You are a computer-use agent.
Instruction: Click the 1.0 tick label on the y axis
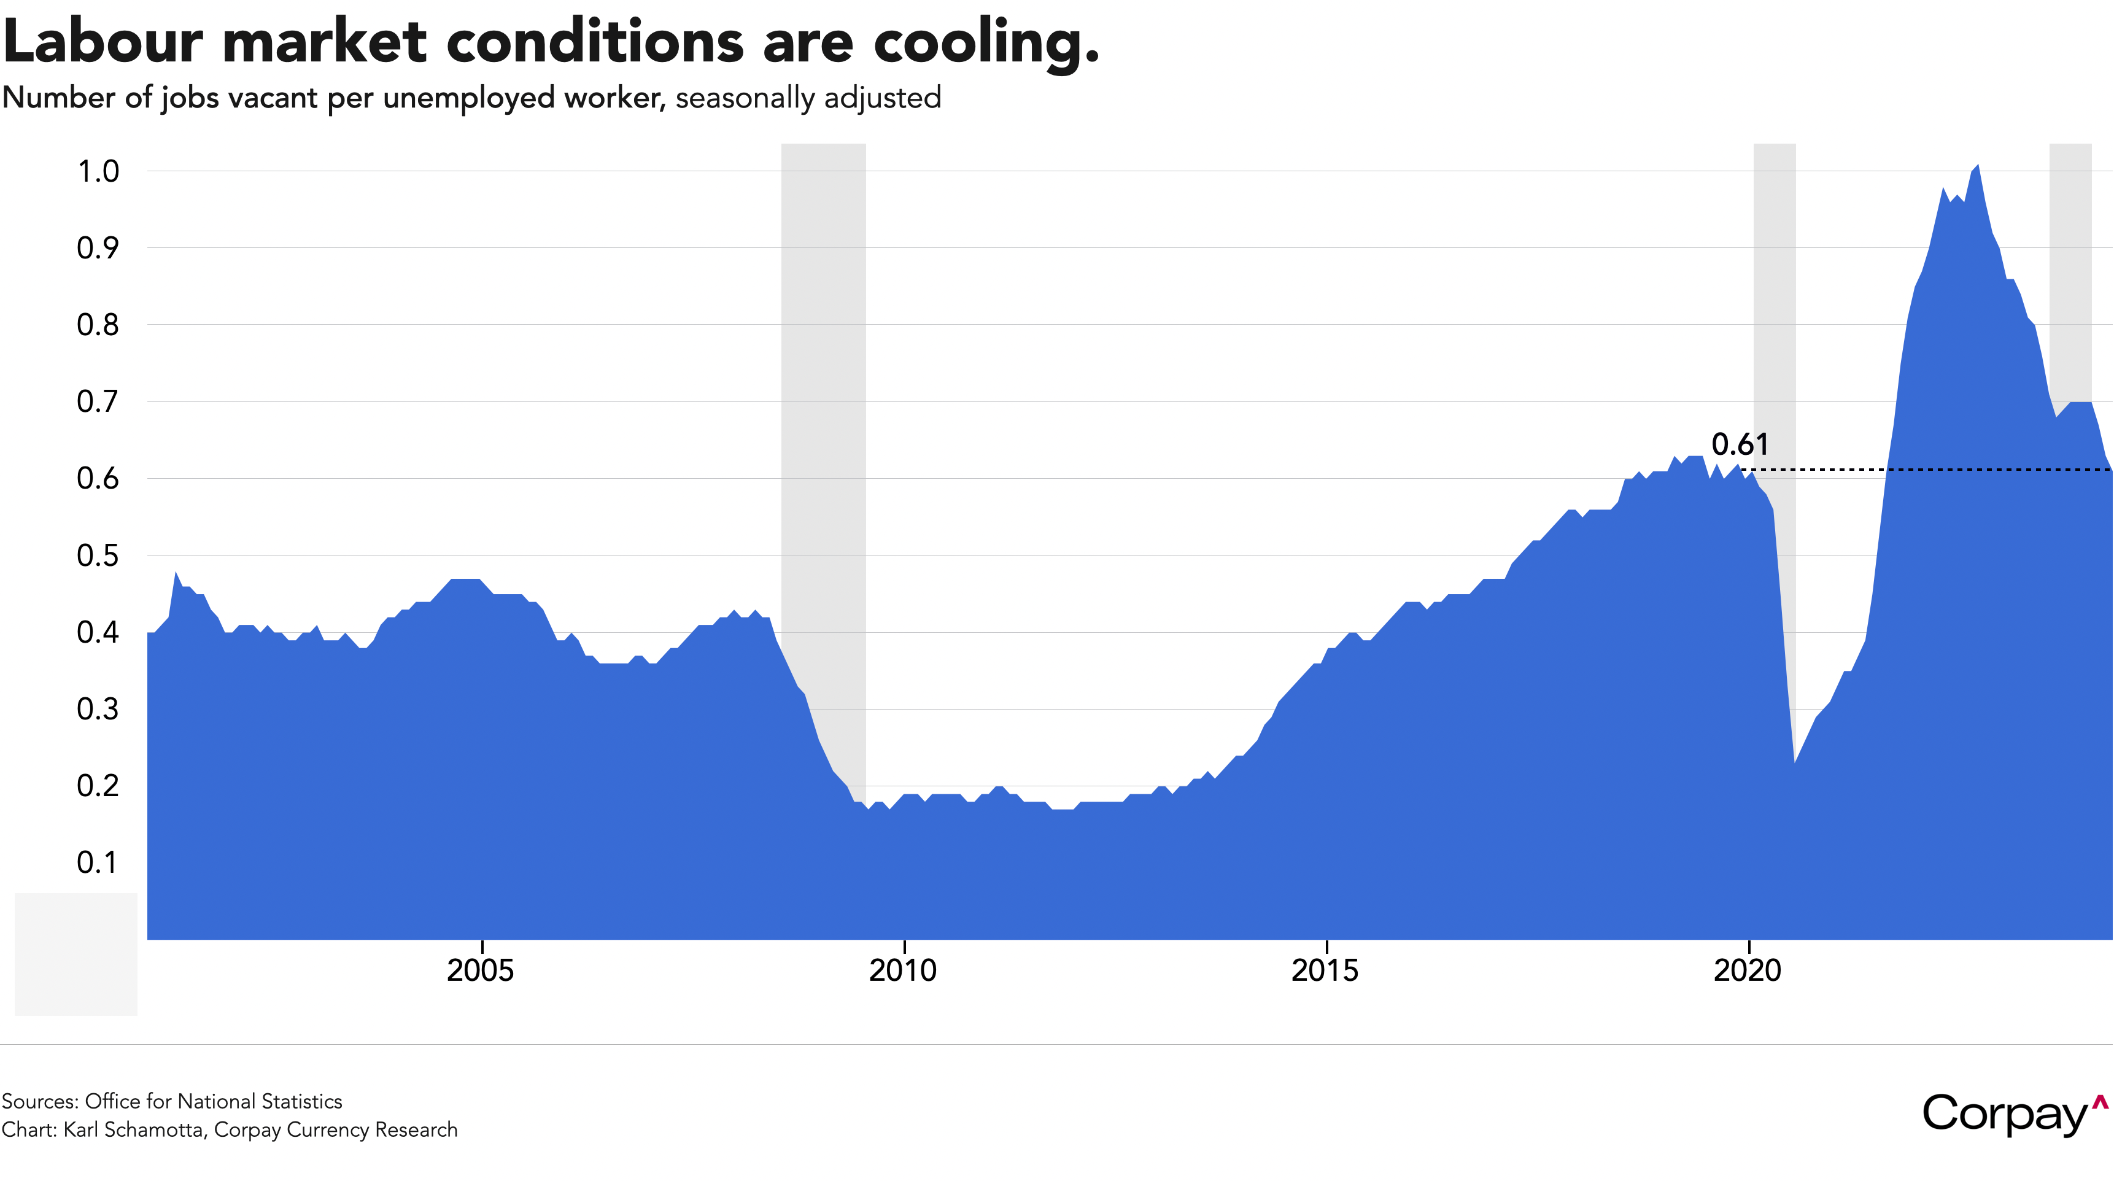point(98,171)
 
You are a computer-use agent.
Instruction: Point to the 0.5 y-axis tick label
point(98,556)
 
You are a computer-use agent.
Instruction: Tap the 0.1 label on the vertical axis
point(98,862)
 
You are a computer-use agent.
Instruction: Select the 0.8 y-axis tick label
point(98,325)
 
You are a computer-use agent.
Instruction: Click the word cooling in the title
point(985,43)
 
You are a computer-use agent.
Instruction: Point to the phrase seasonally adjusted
point(808,98)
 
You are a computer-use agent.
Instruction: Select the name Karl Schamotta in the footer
point(134,1130)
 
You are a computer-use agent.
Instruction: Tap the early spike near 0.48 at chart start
point(176,573)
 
